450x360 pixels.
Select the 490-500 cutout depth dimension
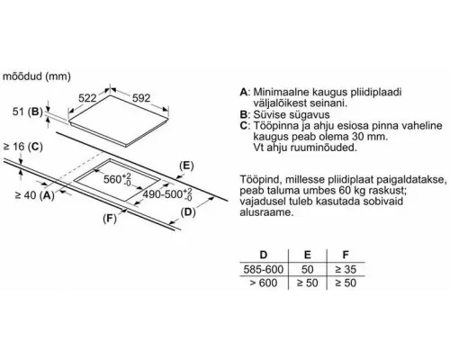(x=165, y=193)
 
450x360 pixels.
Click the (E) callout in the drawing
(x=186, y=166)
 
